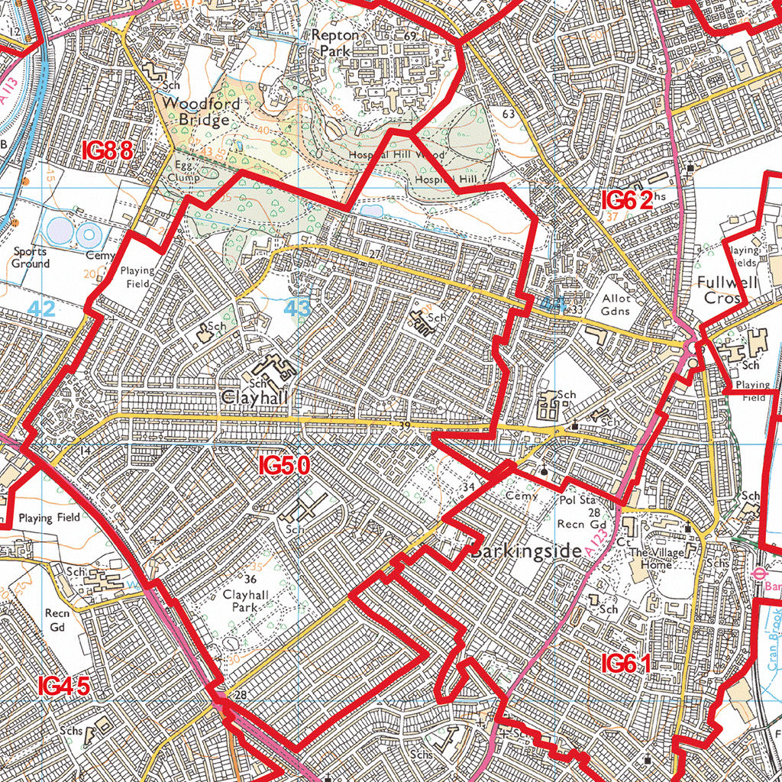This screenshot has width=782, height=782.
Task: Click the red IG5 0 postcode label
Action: coord(284,466)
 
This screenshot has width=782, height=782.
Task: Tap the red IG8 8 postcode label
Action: coord(108,151)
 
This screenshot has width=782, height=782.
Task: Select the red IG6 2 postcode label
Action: coord(627,201)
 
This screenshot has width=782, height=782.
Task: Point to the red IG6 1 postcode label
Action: coord(625,664)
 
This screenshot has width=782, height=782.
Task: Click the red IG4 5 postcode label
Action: coord(64,687)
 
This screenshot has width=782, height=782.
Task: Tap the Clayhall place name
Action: coord(256,398)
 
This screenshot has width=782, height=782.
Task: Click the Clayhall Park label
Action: coord(245,600)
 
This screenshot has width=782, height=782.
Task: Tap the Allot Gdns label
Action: coord(616,305)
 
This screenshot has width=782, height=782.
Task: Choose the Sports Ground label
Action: coord(31,257)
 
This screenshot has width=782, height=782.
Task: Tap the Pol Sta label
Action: coord(577,500)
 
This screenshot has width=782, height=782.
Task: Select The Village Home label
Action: coord(651,559)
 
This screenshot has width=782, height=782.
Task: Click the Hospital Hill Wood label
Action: coord(396,154)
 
